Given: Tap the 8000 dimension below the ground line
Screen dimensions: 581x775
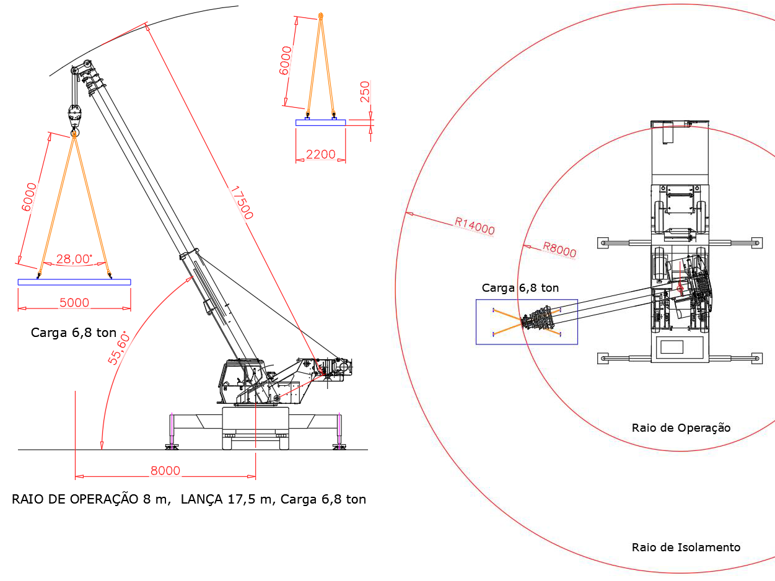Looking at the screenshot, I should coord(165,471).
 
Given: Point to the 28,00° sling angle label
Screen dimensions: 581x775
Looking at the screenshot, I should coord(74,260).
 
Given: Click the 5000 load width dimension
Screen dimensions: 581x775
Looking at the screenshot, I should coord(74,303).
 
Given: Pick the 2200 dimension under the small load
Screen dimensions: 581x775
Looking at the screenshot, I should coord(320,155).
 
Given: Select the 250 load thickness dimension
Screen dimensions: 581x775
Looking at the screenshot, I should coord(365,92).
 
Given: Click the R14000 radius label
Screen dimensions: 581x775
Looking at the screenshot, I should coord(475,226).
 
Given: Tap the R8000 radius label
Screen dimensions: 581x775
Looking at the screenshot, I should coord(559,250).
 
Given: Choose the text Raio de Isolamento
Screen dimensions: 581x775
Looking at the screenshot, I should coord(686,547).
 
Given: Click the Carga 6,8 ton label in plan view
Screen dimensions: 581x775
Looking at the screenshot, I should coord(520,288).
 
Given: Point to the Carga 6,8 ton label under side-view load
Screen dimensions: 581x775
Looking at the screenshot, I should coord(74,333).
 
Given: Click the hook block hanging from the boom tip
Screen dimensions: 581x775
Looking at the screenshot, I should coord(75,116).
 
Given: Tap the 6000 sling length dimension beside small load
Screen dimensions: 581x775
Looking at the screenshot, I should coord(286,61).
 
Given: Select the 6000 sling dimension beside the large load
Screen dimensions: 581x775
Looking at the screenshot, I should coord(28,197).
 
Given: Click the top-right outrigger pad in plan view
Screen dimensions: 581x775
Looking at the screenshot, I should coord(755,242).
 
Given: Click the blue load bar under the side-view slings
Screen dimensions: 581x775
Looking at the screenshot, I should coord(74,282).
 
